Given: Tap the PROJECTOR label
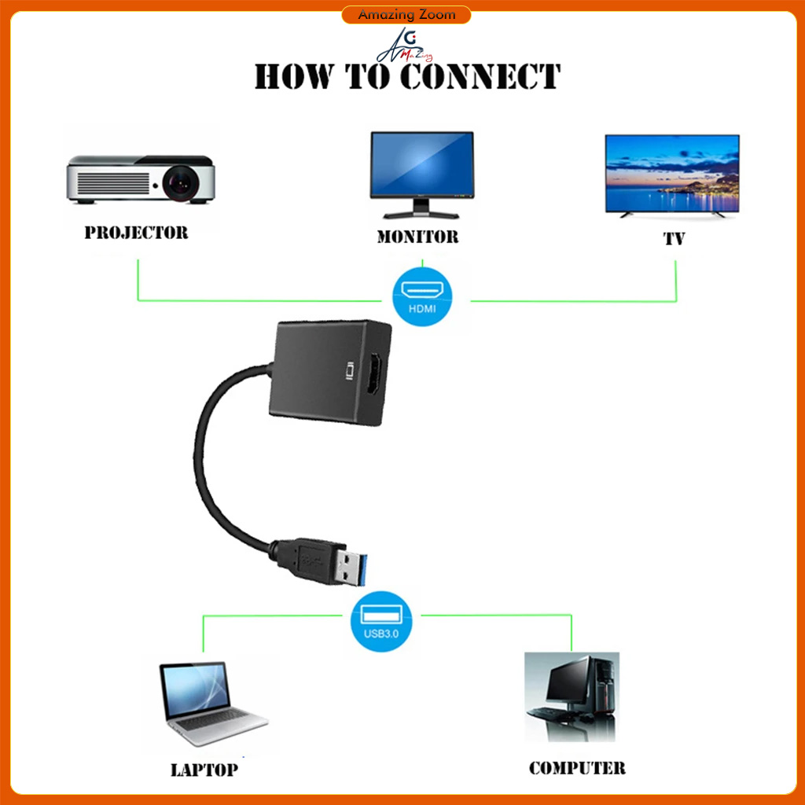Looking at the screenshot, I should pos(136,233).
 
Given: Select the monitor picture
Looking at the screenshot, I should pos(422,173).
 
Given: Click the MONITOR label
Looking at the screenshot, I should pos(417,236).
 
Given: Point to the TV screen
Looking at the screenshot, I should pos(671,174).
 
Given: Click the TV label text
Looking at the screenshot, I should pos(674,239).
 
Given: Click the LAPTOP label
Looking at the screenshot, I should pos(204,769).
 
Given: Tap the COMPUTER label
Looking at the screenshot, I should pos(577,768).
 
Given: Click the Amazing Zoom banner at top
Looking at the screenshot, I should pos(406,15).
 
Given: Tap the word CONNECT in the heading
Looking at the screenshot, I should pos(480,77).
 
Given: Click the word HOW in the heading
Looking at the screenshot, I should pos(294,77).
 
